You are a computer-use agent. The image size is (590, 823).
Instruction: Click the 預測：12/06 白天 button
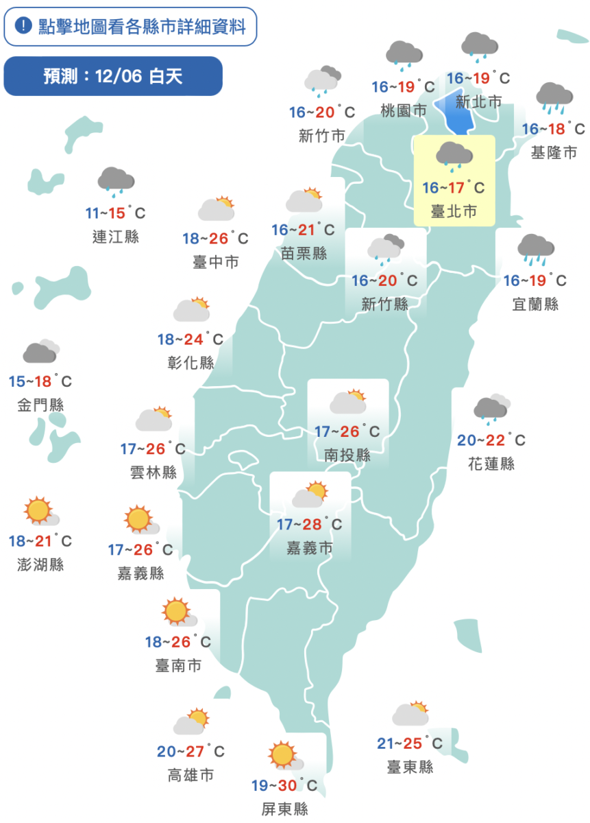tap(113, 76)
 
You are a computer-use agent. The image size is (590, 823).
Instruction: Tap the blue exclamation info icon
tap(23, 27)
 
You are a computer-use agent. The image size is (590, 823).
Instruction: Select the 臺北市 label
tap(454, 211)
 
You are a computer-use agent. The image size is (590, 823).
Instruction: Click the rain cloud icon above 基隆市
tap(554, 98)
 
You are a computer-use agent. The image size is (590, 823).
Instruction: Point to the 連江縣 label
tap(116, 237)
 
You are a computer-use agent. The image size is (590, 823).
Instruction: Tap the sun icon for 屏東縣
tap(284, 755)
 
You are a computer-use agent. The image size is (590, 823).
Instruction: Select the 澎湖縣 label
tap(40, 565)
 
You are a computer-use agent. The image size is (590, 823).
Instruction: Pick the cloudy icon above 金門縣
tap(40, 352)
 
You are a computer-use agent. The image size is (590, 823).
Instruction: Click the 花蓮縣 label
tap(491, 464)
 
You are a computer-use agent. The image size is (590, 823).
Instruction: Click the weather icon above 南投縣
tap(348, 402)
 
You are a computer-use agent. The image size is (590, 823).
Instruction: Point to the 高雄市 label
tap(190, 776)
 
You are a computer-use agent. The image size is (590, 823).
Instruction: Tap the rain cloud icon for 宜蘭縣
tap(536, 249)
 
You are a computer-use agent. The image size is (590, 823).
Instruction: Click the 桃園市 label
tap(404, 110)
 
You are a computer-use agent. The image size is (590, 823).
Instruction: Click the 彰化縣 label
tap(190, 363)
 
